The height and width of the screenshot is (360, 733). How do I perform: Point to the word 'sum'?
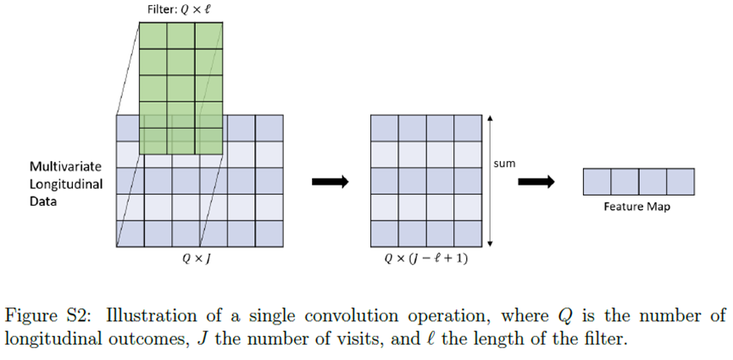coord(504,163)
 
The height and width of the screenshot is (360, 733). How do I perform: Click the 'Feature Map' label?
coord(637,207)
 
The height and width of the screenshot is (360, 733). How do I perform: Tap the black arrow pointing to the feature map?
coord(536,180)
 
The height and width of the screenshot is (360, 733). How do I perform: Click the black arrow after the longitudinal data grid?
coord(330,180)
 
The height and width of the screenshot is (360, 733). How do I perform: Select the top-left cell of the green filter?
coord(152,35)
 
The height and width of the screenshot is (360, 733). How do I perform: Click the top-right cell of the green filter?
coord(209,35)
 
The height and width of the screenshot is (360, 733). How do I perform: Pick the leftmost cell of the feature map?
coord(597,181)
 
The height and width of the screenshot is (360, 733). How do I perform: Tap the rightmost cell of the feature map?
coord(680,181)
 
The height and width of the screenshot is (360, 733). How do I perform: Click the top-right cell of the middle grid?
coord(467,127)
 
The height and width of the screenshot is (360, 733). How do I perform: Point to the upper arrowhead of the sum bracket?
coord(490,118)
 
